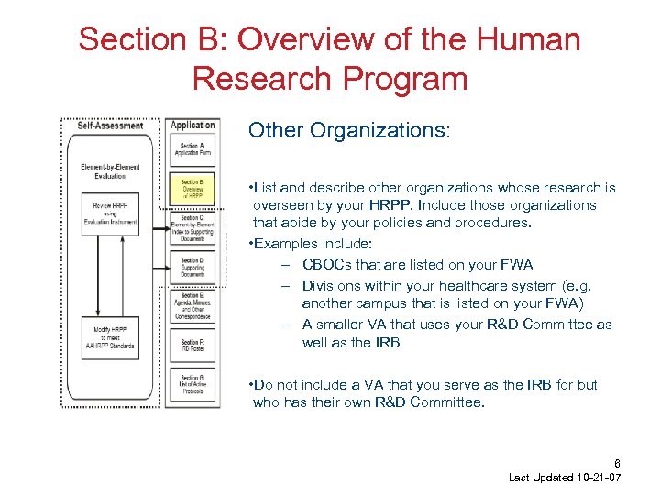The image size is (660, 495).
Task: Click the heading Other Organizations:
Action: [349, 130]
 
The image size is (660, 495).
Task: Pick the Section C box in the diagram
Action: [192, 230]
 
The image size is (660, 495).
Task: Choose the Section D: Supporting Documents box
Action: [192, 267]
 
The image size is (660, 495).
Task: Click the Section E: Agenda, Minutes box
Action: [192, 306]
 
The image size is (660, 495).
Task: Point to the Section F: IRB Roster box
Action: [192, 346]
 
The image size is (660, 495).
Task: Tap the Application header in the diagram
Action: [192, 125]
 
